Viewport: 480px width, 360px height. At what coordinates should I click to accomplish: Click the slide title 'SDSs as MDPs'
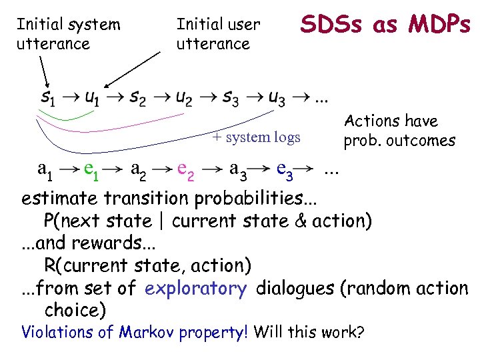(x=385, y=25)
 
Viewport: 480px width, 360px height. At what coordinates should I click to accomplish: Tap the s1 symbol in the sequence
(x=47, y=99)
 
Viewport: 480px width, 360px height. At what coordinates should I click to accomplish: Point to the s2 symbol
(x=138, y=99)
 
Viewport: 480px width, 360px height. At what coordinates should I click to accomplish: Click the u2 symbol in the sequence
(x=184, y=99)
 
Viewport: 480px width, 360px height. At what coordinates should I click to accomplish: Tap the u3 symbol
(x=276, y=99)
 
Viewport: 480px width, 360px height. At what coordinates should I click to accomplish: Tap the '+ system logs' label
(x=257, y=138)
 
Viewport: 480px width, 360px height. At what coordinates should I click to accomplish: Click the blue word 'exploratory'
(x=195, y=289)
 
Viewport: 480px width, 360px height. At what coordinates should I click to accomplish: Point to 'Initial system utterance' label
(x=68, y=35)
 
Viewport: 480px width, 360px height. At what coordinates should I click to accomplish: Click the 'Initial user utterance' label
(x=218, y=35)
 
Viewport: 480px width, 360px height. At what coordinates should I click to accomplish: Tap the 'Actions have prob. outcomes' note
(x=399, y=131)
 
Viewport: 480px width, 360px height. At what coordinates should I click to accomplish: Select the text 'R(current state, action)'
(x=147, y=266)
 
